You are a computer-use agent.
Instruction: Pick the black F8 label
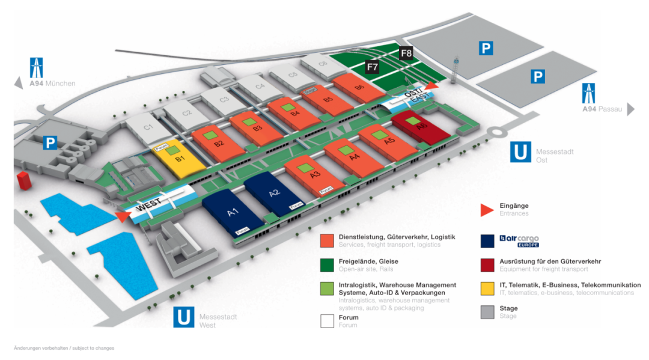(x=407, y=53)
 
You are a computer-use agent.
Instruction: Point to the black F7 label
(x=373, y=67)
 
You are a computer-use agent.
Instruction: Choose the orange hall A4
(x=354, y=157)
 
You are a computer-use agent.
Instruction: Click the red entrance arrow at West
(x=123, y=217)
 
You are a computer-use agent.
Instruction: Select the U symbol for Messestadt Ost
(x=520, y=152)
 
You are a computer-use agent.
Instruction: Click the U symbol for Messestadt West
(x=183, y=317)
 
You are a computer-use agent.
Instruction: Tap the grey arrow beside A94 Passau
(x=630, y=109)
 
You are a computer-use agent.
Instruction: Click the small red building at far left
(x=24, y=180)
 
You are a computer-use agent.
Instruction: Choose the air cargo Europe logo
(x=510, y=240)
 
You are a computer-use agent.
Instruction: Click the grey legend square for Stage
(x=487, y=312)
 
